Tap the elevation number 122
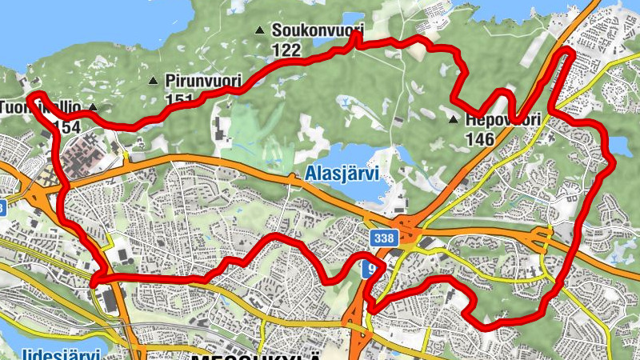point(286,50)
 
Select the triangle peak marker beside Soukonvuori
point(258,31)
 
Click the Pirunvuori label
point(203,80)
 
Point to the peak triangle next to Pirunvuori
point(153,80)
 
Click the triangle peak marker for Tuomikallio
point(93,107)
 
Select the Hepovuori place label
point(502,120)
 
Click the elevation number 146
point(479,139)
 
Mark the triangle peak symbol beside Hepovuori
point(453,120)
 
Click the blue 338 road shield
point(382,238)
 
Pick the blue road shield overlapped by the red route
point(369,268)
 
